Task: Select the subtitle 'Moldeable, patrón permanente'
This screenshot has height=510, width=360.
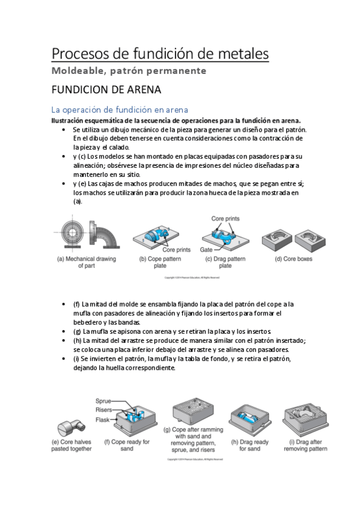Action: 129,71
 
